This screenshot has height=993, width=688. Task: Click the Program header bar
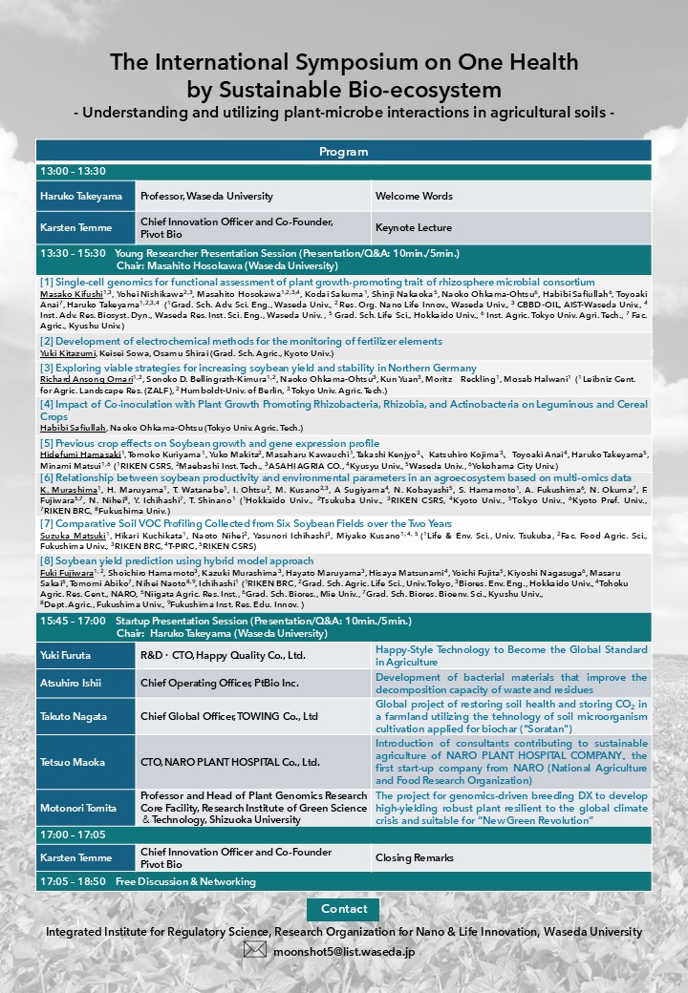point(343,151)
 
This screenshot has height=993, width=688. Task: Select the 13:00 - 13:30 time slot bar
point(343,172)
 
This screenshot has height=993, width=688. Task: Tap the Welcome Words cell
point(414,196)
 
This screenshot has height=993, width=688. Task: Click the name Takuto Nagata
point(73,716)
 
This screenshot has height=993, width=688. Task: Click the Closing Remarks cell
point(414,857)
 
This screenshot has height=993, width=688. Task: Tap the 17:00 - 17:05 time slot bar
point(343,835)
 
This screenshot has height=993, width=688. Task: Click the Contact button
point(343,909)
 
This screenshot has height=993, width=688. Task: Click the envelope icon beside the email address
point(254,950)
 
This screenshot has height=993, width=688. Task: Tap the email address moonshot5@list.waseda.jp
point(343,951)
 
